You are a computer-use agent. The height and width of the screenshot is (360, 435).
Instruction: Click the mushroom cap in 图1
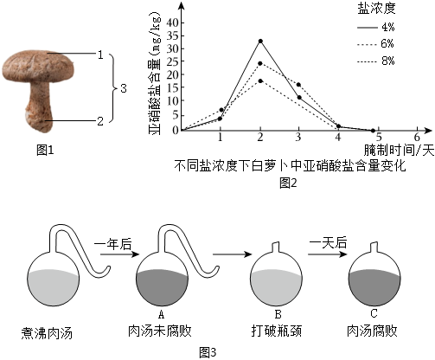[38, 66]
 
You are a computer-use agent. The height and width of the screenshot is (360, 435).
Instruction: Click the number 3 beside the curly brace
[124, 88]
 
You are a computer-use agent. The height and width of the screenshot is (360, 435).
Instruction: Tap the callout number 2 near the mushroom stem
[100, 121]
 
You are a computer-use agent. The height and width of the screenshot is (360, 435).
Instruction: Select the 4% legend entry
[375, 27]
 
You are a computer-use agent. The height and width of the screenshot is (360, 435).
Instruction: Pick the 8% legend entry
[375, 61]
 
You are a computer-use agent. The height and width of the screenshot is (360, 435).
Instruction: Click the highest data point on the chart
[260, 41]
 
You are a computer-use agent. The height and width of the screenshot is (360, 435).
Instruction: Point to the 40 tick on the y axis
[172, 22]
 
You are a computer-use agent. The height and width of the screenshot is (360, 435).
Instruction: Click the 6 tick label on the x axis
[417, 137]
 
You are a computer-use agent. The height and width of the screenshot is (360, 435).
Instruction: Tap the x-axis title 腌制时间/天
[399, 151]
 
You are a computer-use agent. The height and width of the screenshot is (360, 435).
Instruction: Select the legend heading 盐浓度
[376, 9]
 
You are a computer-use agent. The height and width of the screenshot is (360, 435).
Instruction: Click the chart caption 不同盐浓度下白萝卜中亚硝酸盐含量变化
[290, 166]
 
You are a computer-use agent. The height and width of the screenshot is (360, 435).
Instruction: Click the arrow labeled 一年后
[119, 254]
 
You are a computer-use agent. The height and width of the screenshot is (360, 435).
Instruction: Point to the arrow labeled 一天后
[327, 254]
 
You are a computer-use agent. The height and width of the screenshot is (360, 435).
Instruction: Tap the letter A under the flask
[161, 314]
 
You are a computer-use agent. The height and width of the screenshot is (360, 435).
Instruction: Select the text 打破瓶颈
[277, 331]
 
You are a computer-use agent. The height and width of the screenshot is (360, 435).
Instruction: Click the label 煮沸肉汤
[47, 333]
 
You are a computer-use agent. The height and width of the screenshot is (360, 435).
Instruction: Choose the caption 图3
[208, 352]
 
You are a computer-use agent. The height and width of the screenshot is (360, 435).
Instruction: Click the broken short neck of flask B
[276, 247]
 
